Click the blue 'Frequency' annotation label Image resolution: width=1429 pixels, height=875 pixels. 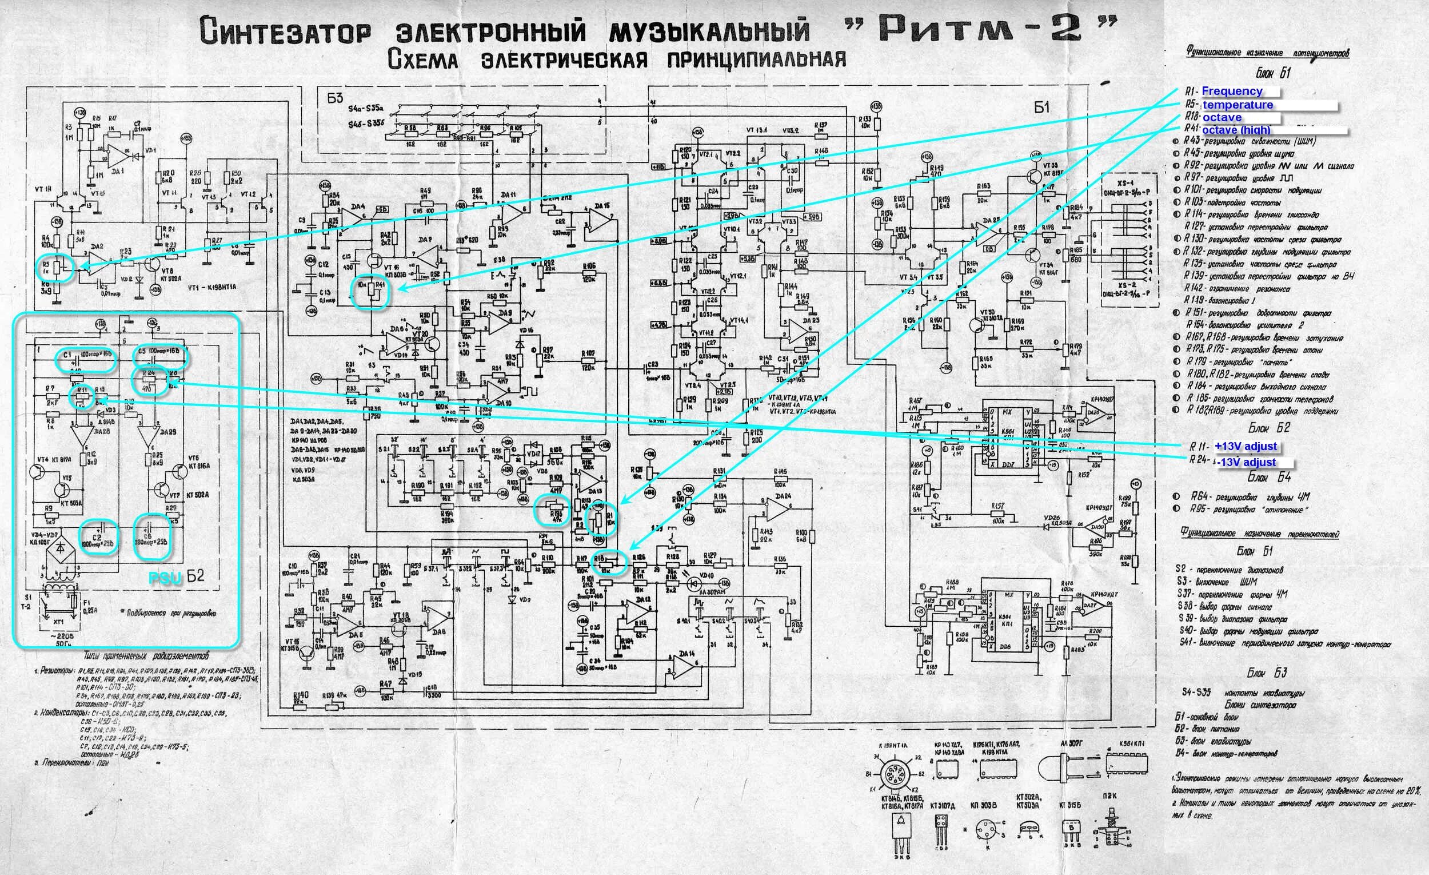[x=1231, y=91]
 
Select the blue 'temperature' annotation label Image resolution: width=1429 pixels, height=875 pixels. [x=1237, y=105]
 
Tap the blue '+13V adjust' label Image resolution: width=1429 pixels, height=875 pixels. [x=1245, y=446]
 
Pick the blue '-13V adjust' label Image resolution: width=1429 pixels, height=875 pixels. [x=1246, y=463]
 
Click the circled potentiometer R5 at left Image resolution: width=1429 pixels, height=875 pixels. [x=56, y=268]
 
